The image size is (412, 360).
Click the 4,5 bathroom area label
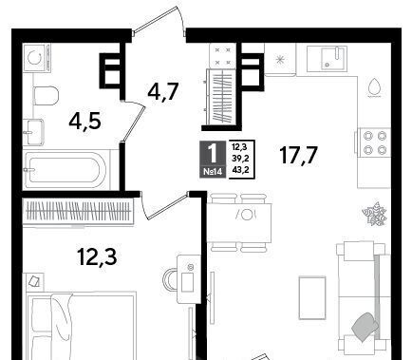[x=85, y=122]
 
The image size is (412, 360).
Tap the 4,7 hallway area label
[x=163, y=91]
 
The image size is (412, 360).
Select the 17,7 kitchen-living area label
[x=299, y=155]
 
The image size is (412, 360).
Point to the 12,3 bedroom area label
[x=97, y=256]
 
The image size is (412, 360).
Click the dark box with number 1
[x=213, y=159]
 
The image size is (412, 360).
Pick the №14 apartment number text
[x=213, y=172]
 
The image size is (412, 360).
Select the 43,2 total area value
[x=240, y=170]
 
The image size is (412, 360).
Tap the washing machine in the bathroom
[x=37, y=57]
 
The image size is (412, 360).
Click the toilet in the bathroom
[x=46, y=95]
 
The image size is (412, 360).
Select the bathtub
[x=66, y=170]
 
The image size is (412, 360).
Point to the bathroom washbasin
[x=33, y=132]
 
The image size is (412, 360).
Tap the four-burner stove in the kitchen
[x=373, y=142]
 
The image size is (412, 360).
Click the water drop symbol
[x=375, y=86]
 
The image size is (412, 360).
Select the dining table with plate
[x=239, y=222]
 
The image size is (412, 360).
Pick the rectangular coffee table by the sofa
[x=312, y=297]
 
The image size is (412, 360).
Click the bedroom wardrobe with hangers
[x=79, y=211]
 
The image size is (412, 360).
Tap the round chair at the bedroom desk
[x=170, y=279]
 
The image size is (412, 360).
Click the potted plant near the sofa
[x=375, y=214]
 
